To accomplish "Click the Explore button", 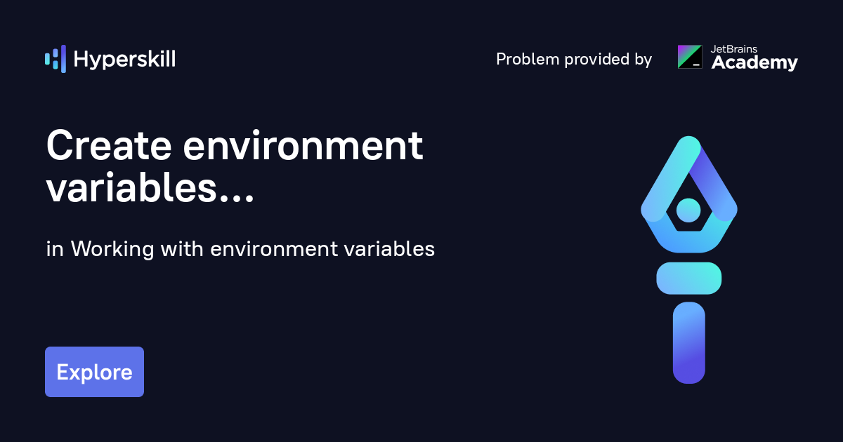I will tap(94, 372).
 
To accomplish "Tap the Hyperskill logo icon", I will tap(55, 59).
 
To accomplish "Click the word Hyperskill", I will tap(124, 60).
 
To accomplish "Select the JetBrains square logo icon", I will tap(689, 57).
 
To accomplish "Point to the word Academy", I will tap(754, 63).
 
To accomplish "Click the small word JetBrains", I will tap(735, 49).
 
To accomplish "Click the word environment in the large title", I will tap(303, 147).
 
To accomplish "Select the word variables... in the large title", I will tap(150, 188).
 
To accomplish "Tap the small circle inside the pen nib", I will tap(688, 210).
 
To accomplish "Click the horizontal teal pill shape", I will tap(688, 278).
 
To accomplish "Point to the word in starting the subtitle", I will tap(54, 249).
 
